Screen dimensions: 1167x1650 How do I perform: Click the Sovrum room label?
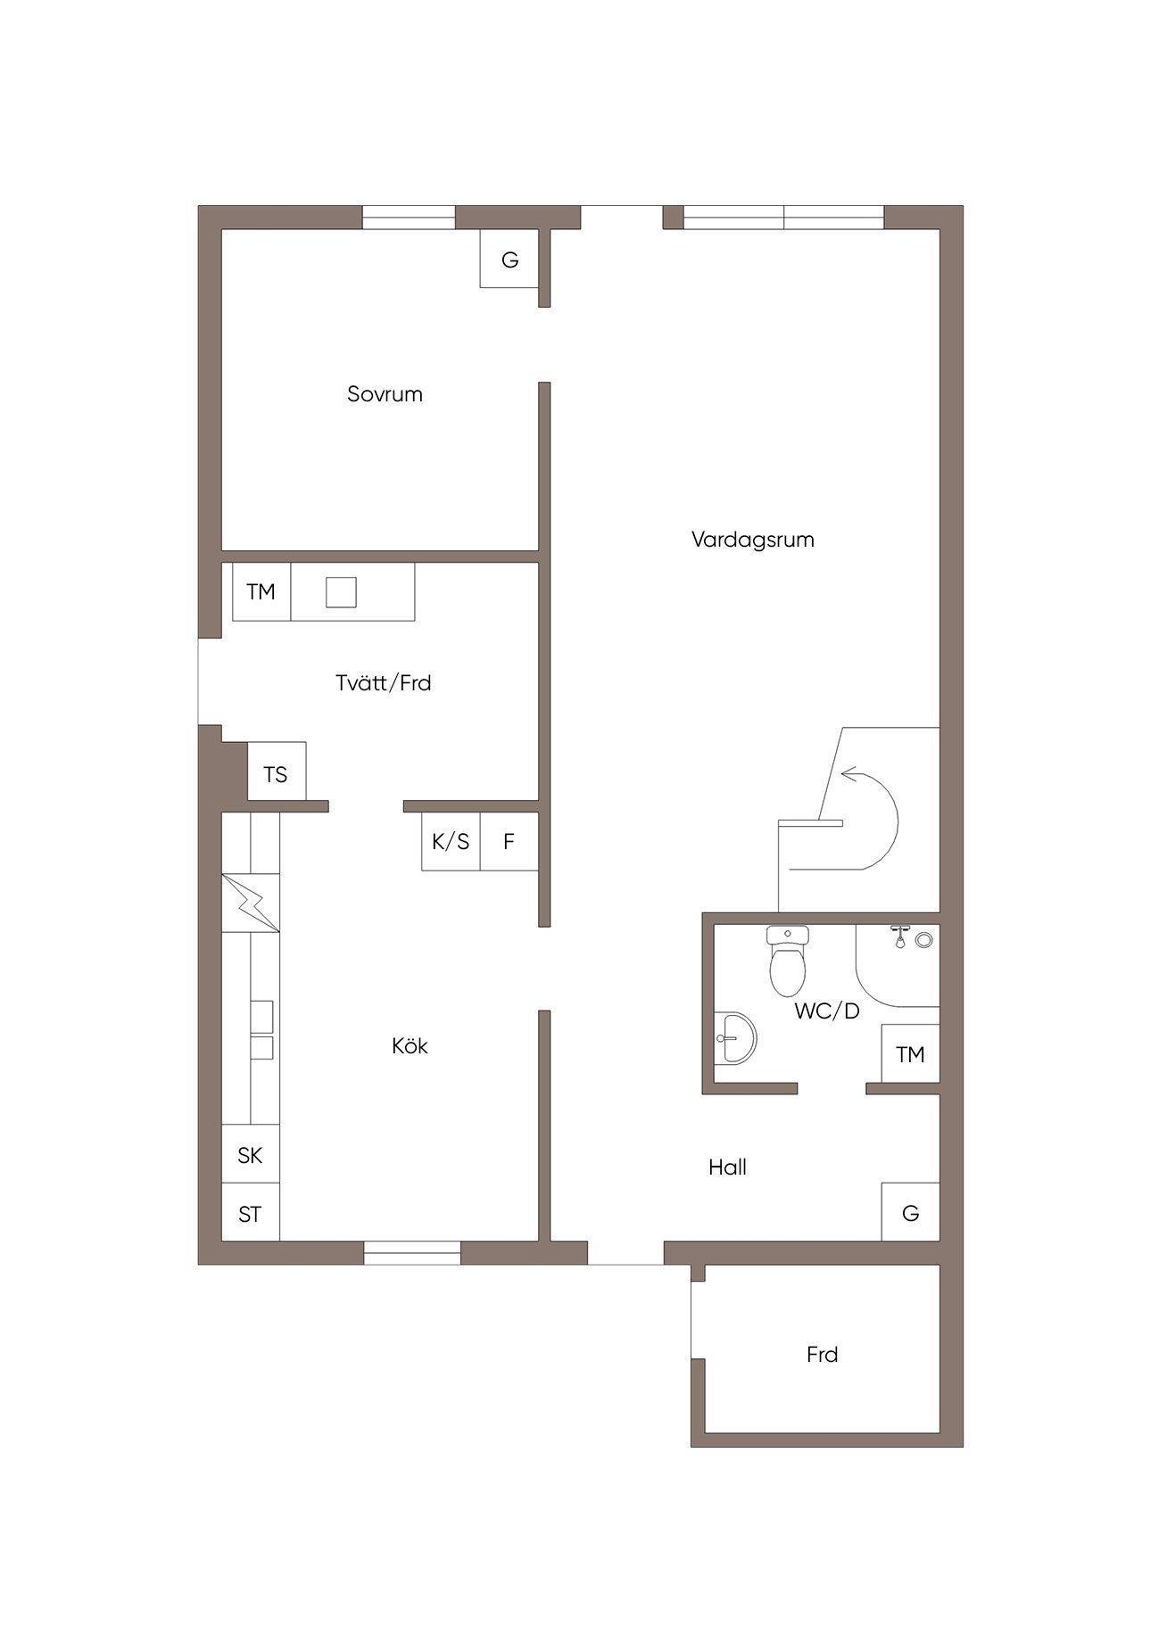pos(385,394)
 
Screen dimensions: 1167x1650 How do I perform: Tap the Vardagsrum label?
pos(753,540)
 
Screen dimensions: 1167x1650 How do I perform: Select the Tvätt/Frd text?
pos(384,683)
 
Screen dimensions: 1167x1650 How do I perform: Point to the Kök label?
pos(410,1045)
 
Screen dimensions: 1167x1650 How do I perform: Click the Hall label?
pos(727,1167)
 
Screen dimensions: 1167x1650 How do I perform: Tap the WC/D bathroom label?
pos(827,1011)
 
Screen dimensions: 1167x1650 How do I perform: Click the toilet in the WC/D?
pos(788,961)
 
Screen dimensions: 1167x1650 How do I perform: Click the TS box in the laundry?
pos(277,771)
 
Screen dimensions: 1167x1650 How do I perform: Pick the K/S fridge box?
pos(451,841)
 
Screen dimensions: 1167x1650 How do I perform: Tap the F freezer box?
pos(509,841)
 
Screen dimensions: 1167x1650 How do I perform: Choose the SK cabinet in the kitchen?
pos(251,1154)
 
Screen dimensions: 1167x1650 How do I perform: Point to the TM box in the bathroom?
pos(910,1054)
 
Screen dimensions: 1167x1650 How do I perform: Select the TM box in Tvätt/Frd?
pos(261,591)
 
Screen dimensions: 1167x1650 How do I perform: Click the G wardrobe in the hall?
pos(910,1212)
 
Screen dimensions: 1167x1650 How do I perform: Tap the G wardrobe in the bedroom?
pos(509,259)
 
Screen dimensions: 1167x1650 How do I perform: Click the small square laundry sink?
pos(341,591)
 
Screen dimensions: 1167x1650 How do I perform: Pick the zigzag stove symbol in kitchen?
pos(251,903)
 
